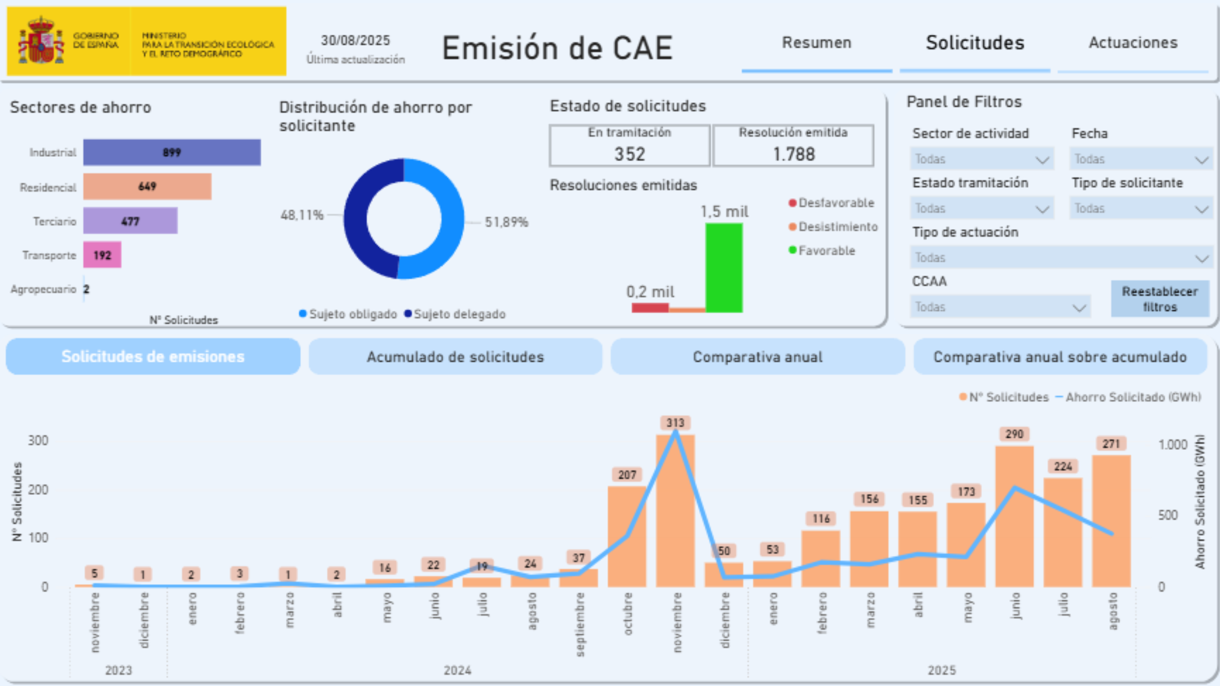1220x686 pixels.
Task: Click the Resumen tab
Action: pyautogui.click(x=816, y=43)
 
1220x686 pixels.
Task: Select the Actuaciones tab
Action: pyautogui.click(x=1133, y=43)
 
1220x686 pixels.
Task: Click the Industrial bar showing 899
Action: pyautogui.click(x=172, y=152)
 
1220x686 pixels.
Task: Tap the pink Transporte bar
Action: pyautogui.click(x=102, y=255)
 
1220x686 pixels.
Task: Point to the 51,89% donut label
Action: pyautogui.click(x=506, y=222)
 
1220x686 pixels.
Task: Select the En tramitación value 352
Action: pyautogui.click(x=630, y=154)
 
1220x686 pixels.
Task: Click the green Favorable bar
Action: pyautogui.click(x=724, y=267)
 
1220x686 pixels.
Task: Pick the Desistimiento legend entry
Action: pyautogui.click(x=833, y=227)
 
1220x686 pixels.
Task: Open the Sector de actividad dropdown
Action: pyautogui.click(x=981, y=159)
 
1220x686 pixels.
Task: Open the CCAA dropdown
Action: pyautogui.click(x=999, y=307)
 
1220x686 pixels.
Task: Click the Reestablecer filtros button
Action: pyautogui.click(x=1160, y=299)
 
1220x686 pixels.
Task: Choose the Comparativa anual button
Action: pyautogui.click(x=757, y=357)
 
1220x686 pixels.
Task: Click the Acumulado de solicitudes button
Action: pyautogui.click(x=455, y=357)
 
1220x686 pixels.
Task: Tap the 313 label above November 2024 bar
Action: pyautogui.click(x=675, y=423)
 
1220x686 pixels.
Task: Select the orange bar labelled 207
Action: pyautogui.click(x=627, y=536)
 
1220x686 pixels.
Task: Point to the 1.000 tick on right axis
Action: pyautogui.click(x=1172, y=445)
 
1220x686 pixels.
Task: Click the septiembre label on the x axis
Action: pyautogui.click(x=579, y=624)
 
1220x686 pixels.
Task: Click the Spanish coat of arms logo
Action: pyautogui.click(x=41, y=41)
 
